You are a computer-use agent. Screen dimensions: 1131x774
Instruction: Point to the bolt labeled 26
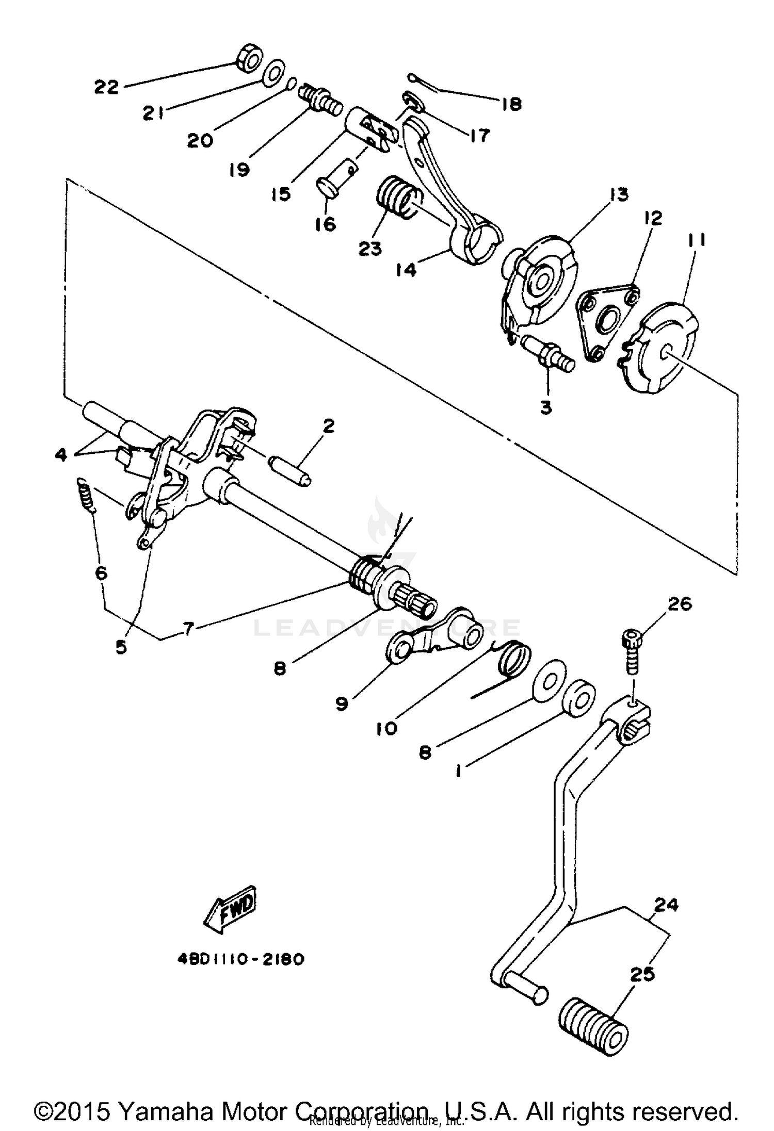click(632, 649)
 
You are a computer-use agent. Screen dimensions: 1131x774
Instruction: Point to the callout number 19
click(240, 169)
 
